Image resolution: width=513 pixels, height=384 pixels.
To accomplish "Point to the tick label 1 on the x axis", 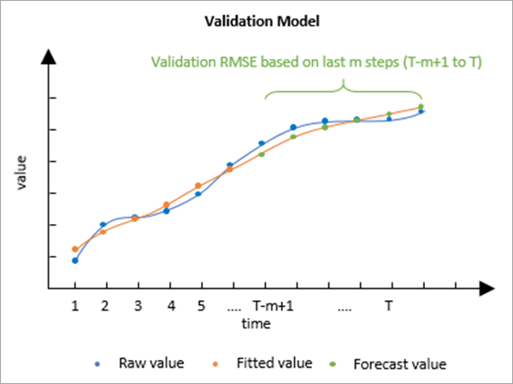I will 75,306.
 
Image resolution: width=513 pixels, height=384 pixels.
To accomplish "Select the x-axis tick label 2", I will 104,306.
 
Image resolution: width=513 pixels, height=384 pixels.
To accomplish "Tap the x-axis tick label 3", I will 137,306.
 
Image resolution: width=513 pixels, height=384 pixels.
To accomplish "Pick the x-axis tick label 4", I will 169,306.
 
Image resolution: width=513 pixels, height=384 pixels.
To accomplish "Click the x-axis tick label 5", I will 200,306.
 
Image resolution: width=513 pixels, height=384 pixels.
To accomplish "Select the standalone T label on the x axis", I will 388,306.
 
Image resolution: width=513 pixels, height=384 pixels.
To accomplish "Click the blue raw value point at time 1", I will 75,260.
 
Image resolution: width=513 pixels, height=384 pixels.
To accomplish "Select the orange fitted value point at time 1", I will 75,249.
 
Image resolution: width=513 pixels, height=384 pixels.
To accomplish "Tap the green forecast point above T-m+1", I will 262,154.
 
